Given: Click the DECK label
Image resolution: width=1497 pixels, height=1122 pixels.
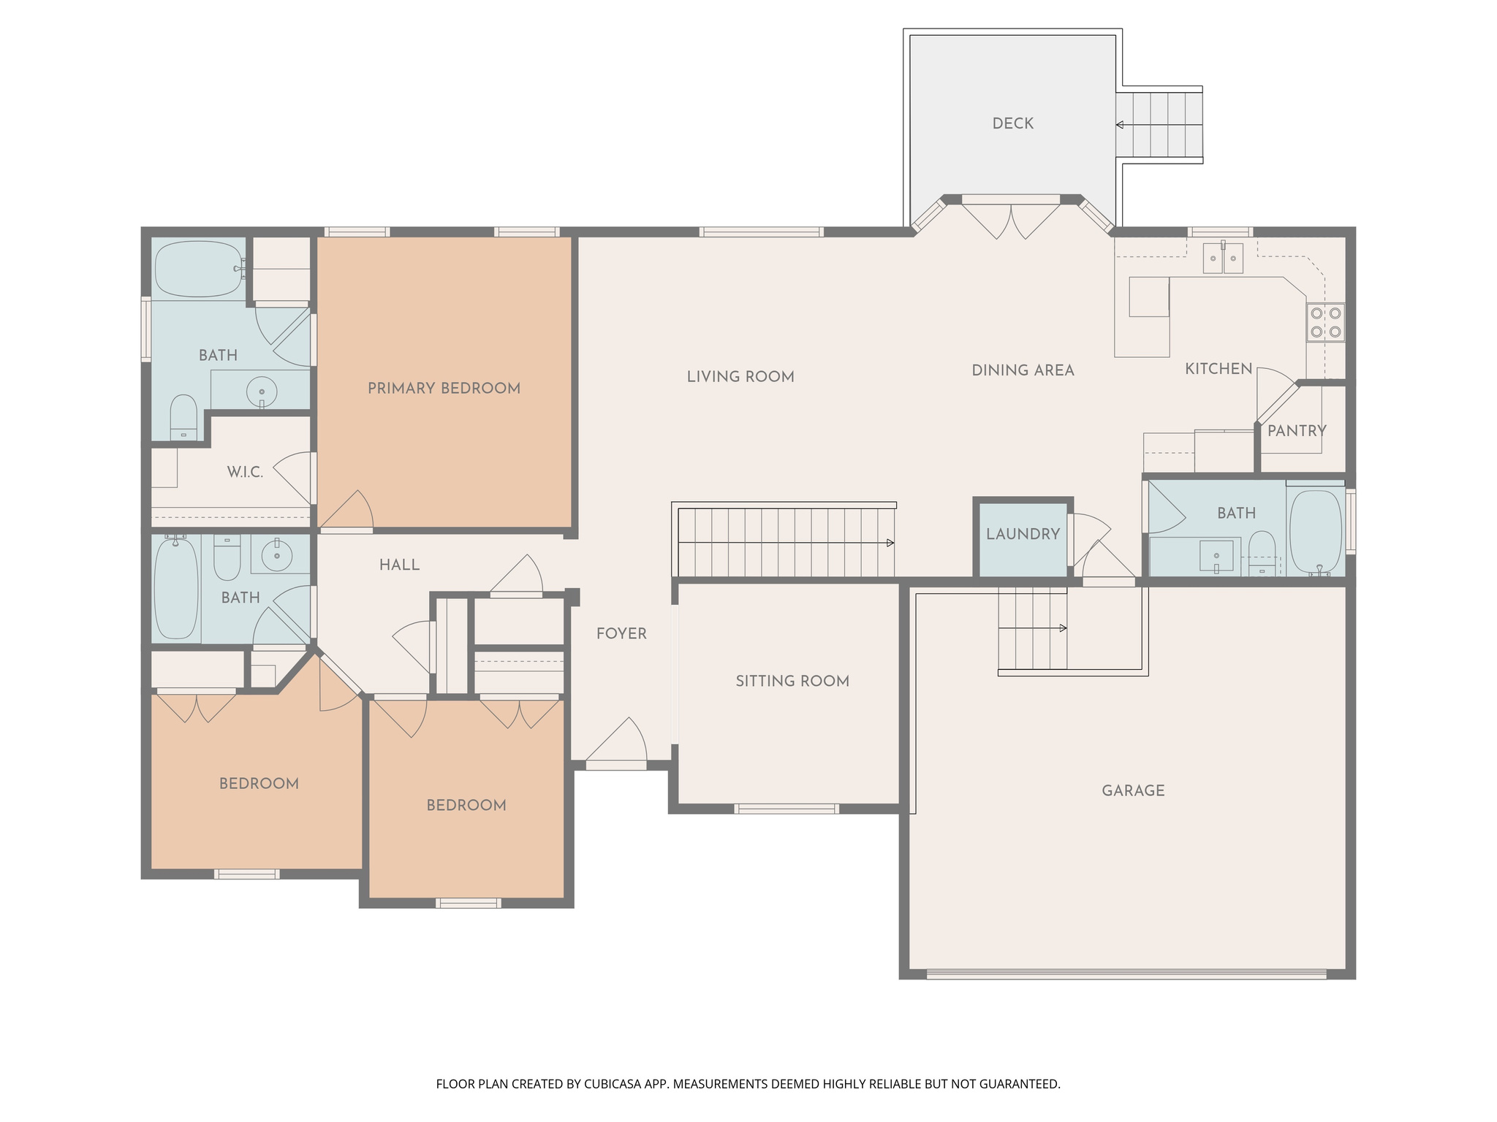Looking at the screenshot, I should [1012, 123].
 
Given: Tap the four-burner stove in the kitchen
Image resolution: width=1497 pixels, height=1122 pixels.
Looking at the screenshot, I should [1325, 322].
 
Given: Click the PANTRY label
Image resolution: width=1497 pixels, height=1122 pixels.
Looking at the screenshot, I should [1296, 431].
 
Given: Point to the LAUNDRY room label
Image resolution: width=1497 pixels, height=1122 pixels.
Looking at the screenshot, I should [1023, 534].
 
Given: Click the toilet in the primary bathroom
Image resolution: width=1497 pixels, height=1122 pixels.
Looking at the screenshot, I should [183, 417].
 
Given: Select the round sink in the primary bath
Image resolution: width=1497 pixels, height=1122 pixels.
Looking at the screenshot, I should [262, 392].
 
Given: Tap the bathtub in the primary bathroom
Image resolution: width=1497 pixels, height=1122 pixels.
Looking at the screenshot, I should [199, 269].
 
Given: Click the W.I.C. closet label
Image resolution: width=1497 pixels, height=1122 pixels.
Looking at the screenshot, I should [245, 472].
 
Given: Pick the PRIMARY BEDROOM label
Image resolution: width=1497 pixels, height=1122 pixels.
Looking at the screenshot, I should [444, 389].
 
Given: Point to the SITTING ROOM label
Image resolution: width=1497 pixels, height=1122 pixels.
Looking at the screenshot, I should [792, 681].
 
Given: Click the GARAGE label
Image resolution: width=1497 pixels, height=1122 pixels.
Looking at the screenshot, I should [1133, 790].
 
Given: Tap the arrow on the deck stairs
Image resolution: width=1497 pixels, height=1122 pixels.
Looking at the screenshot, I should [1120, 125].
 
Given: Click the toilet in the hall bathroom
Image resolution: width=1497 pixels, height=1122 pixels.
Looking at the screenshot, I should [227, 558].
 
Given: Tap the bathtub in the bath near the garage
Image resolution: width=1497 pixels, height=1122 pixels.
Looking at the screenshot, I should [1316, 532].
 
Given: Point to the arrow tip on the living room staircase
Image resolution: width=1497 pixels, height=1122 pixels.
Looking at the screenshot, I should [890, 543].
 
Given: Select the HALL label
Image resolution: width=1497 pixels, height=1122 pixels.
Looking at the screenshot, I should [399, 565].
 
